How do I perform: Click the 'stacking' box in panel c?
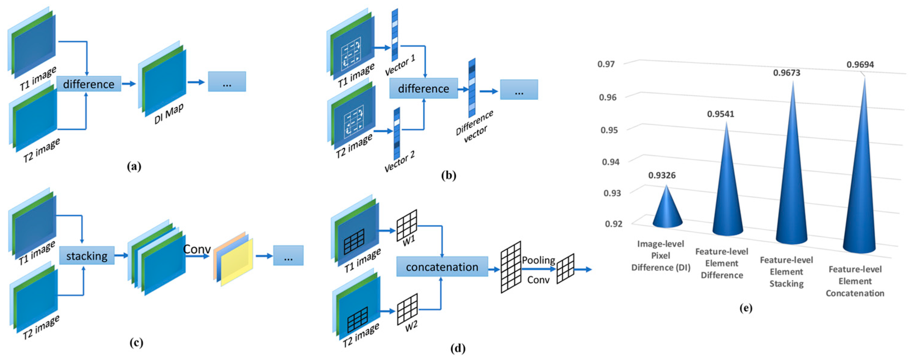coord(87,255)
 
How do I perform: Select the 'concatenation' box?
coord(442,267)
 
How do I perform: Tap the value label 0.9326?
coord(662,175)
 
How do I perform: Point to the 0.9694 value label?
coord(860,65)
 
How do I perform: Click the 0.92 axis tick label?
coord(613,224)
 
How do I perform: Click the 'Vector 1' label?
coord(400,65)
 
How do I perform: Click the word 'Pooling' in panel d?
coord(538,260)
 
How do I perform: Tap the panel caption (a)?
coord(134,166)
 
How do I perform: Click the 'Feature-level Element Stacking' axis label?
coord(786,272)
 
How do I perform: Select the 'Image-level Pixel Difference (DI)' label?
coord(660,255)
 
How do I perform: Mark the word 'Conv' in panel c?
coord(197,249)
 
